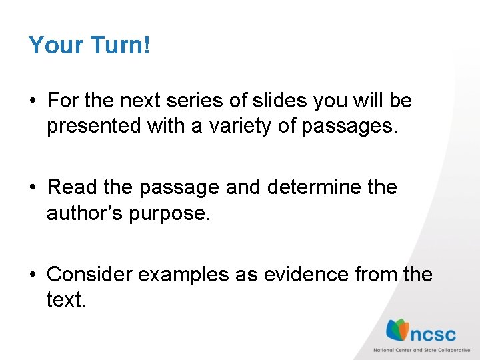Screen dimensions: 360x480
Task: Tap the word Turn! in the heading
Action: click(121, 45)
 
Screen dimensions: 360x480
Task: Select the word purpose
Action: click(173, 213)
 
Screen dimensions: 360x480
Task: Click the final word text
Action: click(66, 299)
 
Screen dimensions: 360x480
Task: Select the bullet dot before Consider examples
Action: click(32, 275)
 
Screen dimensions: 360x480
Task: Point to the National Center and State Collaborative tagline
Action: click(421, 350)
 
